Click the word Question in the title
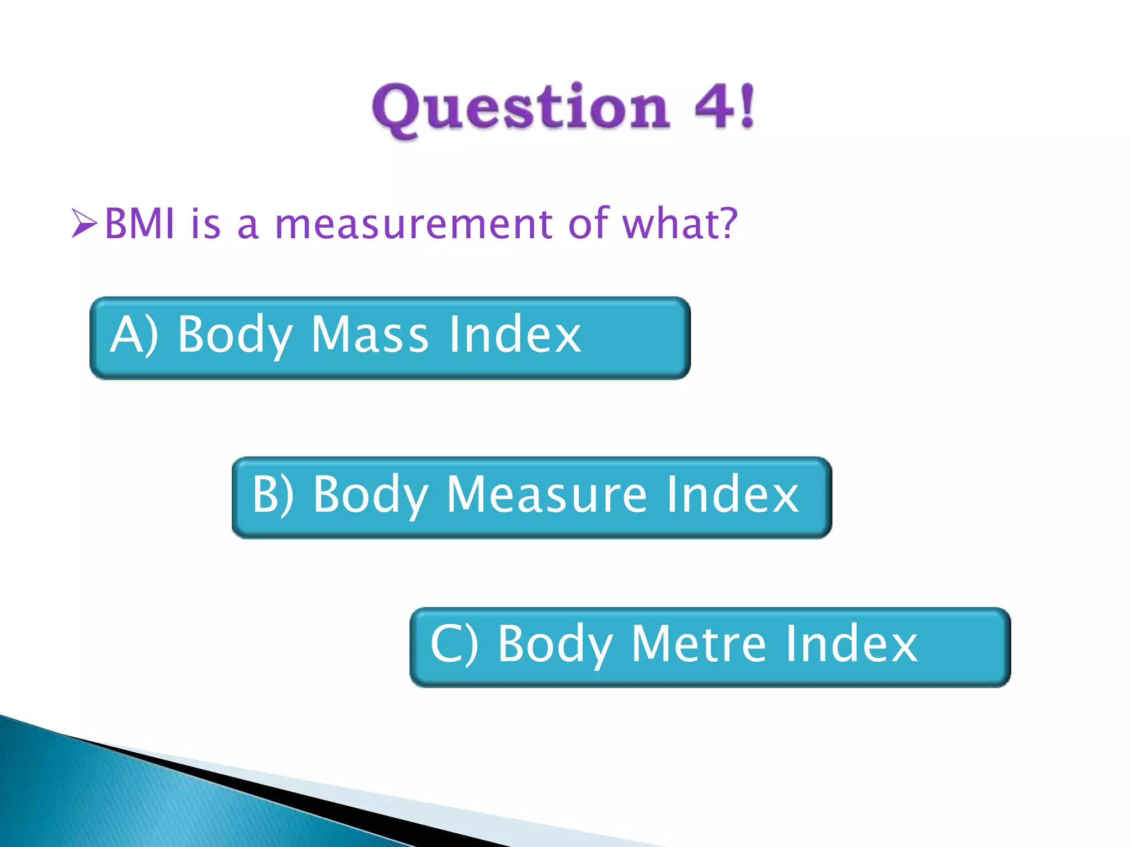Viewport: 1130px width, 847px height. pyautogui.click(x=521, y=108)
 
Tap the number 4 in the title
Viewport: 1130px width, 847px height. pyautogui.click(x=716, y=106)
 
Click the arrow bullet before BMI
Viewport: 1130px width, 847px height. pyautogui.click(x=84, y=224)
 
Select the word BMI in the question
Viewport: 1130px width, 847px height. pyautogui.click(x=140, y=223)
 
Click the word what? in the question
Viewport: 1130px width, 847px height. pyautogui.click(x=679, y=223)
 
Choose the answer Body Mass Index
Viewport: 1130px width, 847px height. pyautogui.click(x=390, y=337)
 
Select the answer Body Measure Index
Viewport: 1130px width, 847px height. pyautogui.click(x=531, y=497)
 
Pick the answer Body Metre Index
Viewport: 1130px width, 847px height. pyautogui.click(x=710, y=647)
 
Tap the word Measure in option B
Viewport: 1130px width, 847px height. pyautogui.click(x=546, y=495)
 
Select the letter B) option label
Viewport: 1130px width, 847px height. pyautogui.click(x=273, y=495)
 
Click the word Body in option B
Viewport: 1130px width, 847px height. pyautogui.click(x=370, y=495)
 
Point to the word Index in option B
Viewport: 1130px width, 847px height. pyautogui.click(x=732, y=495)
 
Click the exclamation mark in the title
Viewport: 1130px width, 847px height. pyautogui.click(x=747, y=106)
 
